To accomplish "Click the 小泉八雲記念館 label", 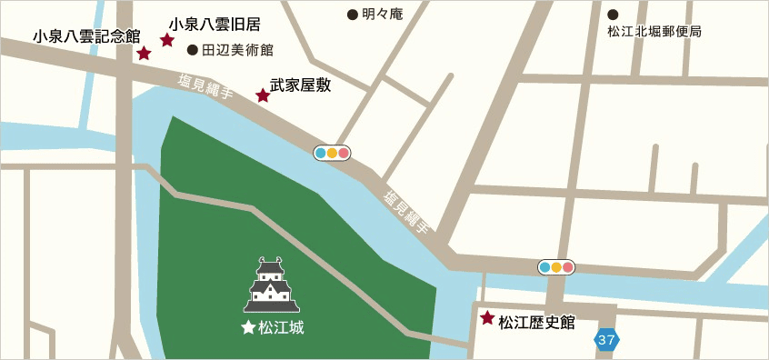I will [86, 36].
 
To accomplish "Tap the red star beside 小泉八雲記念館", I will [144, 54].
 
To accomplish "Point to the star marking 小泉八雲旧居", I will [167, 40].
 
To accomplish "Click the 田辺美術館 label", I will [236, 50].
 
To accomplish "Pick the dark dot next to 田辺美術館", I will [192, 50].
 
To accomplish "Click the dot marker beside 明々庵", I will [353, 15].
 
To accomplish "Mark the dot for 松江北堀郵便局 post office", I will [613, 15].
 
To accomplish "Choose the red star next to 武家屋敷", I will [263, 95].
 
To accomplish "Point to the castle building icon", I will [272, 285].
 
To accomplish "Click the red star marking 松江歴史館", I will [487, 318].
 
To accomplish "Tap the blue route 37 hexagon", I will [607, 340].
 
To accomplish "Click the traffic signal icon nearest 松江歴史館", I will [557, 267].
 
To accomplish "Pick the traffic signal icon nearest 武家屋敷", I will [332, 153].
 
